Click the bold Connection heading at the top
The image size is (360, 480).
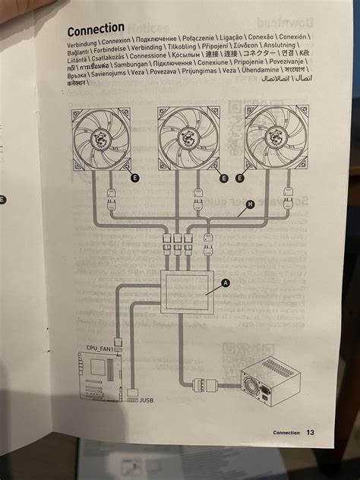pyautogui.click(x=96, y=30)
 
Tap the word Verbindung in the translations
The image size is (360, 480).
pyautogui.click(x=84, y=47)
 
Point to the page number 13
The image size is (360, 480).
pyautogui.click(x=310, y=433)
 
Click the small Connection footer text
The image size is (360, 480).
pyautogui.click(x=286, y=433)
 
